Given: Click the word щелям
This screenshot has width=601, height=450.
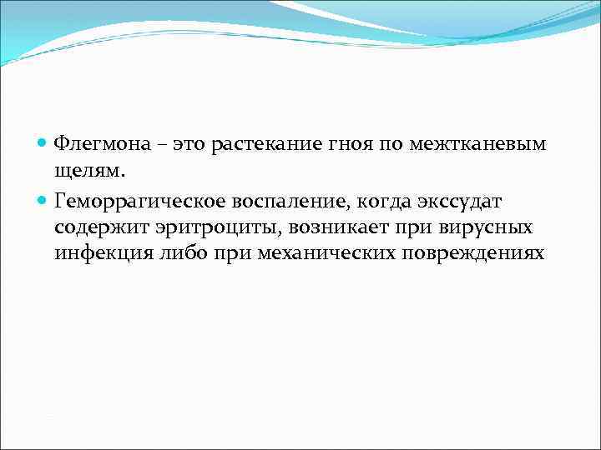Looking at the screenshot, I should coord(88,171).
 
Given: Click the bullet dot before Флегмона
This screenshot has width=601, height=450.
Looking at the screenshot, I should coord(43,143).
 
